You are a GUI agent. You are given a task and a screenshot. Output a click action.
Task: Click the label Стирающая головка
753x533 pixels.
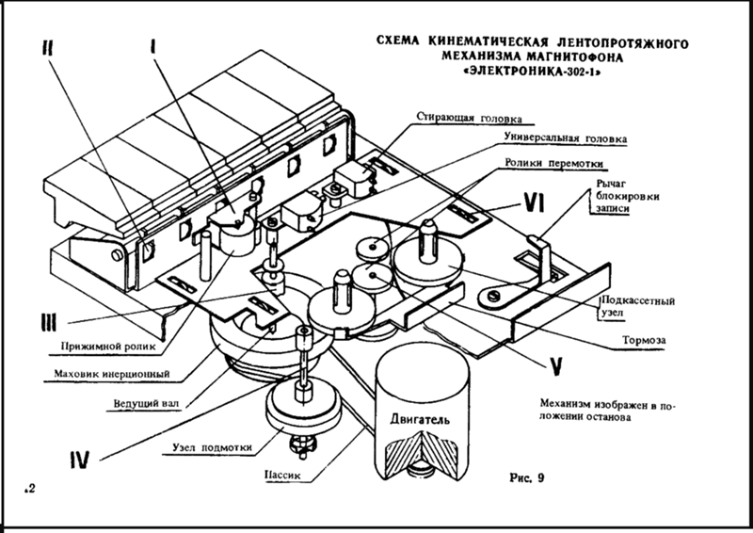point(468,120)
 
